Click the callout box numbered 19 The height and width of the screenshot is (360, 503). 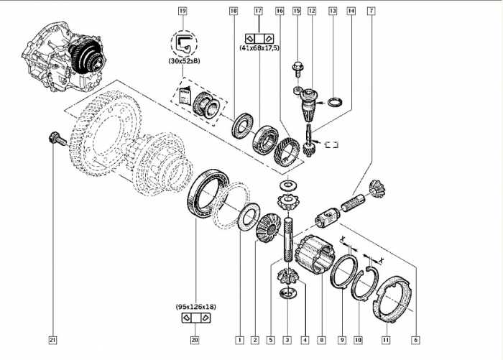point(183,11)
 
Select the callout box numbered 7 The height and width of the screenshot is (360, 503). point(370,11)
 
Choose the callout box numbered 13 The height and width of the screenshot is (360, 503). point(332,11)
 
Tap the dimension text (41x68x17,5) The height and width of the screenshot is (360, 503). point(259,47)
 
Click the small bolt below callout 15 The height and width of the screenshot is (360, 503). point(297,70)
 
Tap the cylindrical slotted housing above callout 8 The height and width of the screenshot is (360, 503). point(317,256)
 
